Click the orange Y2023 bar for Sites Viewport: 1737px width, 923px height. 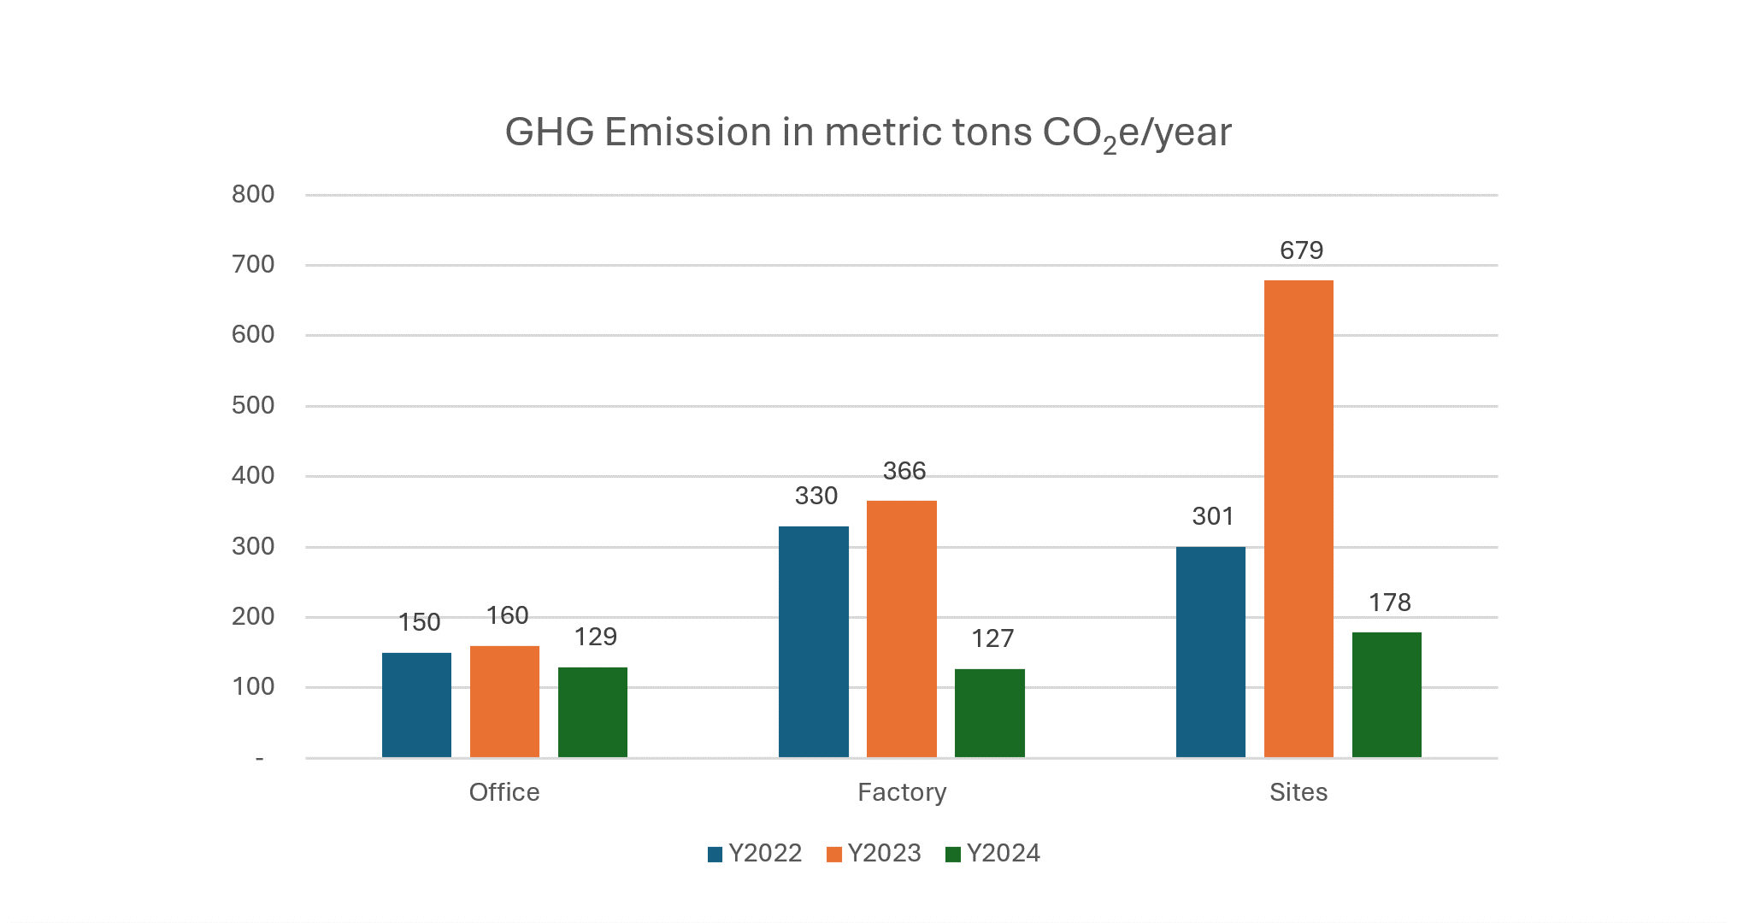click(x=1298, y=518)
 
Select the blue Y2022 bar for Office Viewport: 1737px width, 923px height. click(x=416, y=705)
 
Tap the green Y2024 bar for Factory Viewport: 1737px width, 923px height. click(x=989, y=713)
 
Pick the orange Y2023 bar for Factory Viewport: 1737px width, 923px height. click(x=901, y=629)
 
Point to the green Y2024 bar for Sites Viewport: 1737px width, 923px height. click(x=1387, y=695)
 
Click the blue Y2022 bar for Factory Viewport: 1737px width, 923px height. click(x=813, y=642)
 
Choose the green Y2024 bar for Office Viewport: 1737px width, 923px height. click(x=592, y=712)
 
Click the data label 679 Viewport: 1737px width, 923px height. click(x=1301, y=250)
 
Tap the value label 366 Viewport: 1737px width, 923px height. click(x=904, y=471)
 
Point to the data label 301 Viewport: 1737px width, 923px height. click(x=1213, y=516)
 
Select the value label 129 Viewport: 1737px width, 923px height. click(x=595, y=637)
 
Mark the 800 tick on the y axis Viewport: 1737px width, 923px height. click(x=253, y=195)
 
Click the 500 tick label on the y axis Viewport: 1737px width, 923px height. click(x=253, y=405)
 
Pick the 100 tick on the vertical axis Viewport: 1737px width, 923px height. click(x=253, y=686)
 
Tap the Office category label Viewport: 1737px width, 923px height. click(x=504, y=792)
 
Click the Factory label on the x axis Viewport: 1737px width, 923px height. click(x=902, y=792)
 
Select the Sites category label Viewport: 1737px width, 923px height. click(x=1298, y=792)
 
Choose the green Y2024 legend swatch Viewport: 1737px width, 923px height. click(x=953, y=854)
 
